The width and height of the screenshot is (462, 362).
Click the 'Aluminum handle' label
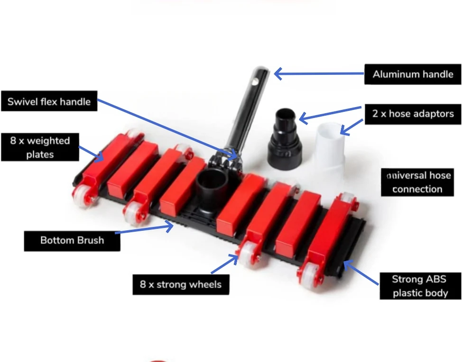coord(413,74)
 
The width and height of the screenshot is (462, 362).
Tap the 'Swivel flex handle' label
coord(49,101)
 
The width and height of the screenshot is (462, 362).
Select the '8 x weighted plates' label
coord(40,147)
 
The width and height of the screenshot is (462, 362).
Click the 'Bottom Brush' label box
coord(72,241)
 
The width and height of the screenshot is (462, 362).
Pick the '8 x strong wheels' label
coord(181,285)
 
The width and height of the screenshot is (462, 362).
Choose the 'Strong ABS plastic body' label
coord(420,286)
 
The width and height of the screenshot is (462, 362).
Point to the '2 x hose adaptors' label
coord(413,114)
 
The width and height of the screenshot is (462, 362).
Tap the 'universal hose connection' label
coord(417,182)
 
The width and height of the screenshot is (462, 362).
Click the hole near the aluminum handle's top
coord(256,81)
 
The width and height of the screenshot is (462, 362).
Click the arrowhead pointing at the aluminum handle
coord(278,73)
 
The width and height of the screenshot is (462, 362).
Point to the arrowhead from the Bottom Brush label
coord(169,226)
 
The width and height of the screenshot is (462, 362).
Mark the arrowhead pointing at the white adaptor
coord(344,130)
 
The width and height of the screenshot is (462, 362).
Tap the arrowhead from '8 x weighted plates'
coord(99,156)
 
